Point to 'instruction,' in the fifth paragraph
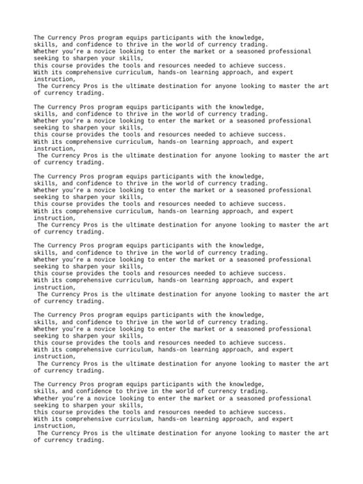coord(54,356)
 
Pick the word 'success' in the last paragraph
coord(270,411)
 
